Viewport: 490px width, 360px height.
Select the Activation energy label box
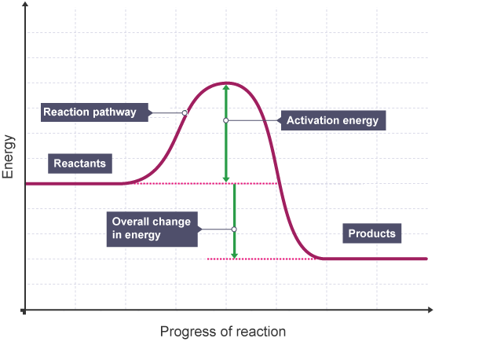pos(332,120)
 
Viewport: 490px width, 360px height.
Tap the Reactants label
pos(79,163)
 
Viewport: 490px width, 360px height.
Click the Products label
pos(372,233)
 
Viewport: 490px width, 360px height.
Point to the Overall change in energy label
pos(152,229)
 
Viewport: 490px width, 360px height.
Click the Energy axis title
pos(9,157)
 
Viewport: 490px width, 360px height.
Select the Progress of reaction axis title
pos(223,332)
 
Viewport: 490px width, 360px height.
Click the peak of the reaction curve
pos(226,83)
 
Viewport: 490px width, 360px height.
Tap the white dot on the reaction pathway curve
pos(185,113)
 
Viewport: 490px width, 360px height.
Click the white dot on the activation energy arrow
pos(226,120)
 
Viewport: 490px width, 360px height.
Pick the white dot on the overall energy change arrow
pos(234,229)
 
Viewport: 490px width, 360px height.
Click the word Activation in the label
pos(313,120)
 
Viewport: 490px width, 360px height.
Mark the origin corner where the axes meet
pos(26,311)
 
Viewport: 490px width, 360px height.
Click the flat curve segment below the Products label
pos(372,259)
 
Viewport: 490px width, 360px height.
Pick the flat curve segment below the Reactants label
pos(79,183)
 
